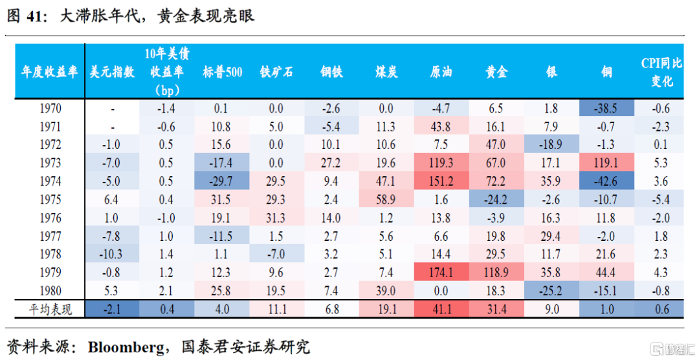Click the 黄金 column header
tap(496, 73)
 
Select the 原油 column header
tap(441, 73)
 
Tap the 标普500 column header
tap(222, 73)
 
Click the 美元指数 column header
tap(112, 73)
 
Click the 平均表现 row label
tap(50, 309)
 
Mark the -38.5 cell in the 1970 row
tap(606, 109)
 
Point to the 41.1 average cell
tap(441, 309)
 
